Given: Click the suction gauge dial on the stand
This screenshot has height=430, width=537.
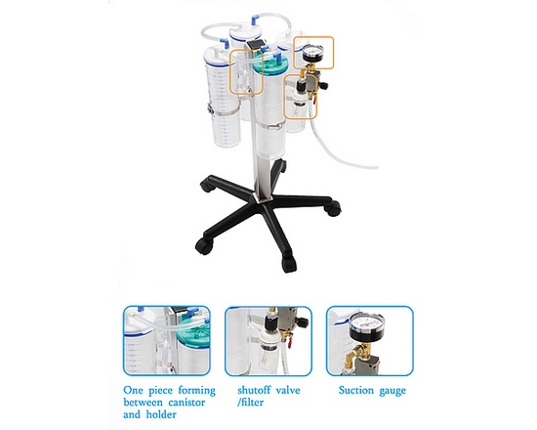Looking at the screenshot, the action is pyautogui.click(x=311, y=54).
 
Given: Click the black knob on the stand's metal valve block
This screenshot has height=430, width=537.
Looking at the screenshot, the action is pyautogui.click(x=323, y=85).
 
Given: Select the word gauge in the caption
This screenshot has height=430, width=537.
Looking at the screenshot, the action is pyautogui.click(x=392, y=391).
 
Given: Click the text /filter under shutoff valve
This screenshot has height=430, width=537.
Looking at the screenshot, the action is pyautogui.click(x=250, y=402).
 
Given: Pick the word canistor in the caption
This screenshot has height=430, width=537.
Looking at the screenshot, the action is pyautogui.click(x=186, y=403).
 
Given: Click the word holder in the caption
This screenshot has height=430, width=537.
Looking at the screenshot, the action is pyautogui.click(x=161, y=414).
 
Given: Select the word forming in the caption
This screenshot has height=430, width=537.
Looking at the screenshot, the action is pyautogui.click(x=196, y=391).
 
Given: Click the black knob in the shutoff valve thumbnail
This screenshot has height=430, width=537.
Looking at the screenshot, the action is pyautogui.click(x=303, y=322).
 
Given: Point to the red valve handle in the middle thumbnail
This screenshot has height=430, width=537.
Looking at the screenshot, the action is pyautogui.click(x=289, y=343).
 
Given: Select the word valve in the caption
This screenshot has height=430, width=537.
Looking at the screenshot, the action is pyautogui.click(x=290, y=390).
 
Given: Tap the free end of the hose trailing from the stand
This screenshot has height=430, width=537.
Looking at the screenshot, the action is pyautogui.click(x=376, y=167).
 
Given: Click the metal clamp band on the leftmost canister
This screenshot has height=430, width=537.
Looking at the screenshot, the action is pyautogui.click(x=224, y=111).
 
